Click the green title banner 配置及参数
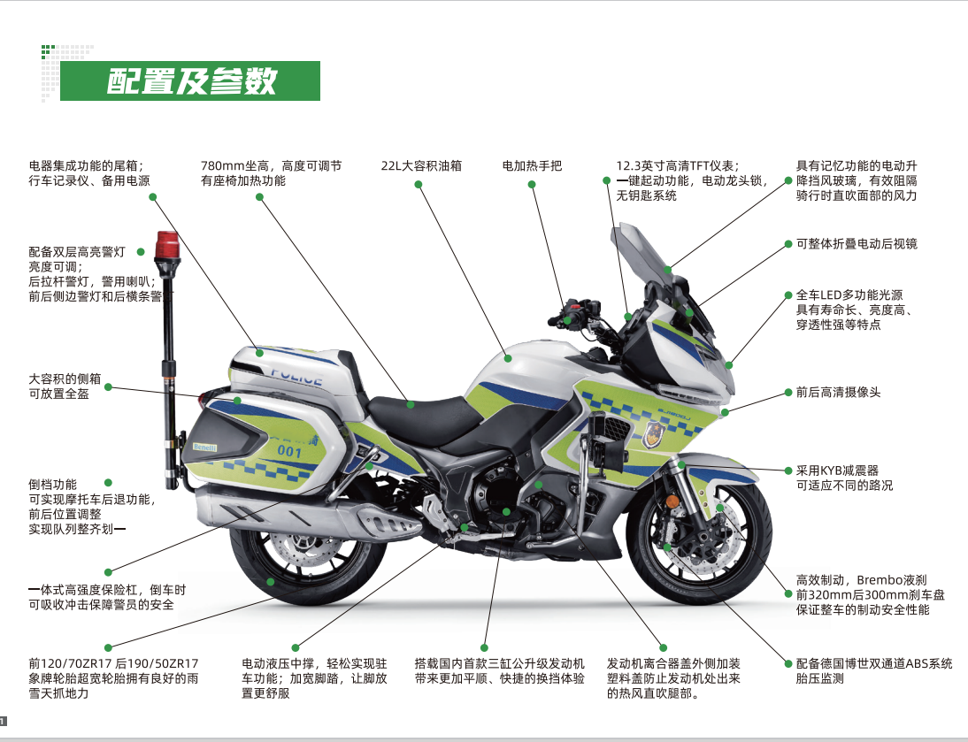[191, 81]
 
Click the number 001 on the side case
[289, 452]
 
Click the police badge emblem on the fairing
[654, 434]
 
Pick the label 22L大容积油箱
[421, 165]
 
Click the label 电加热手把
[532, 165]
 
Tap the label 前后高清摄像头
[838, 392]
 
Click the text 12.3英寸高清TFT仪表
[677, 165]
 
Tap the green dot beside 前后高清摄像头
[787, 392]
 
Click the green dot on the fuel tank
[509, 357]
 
